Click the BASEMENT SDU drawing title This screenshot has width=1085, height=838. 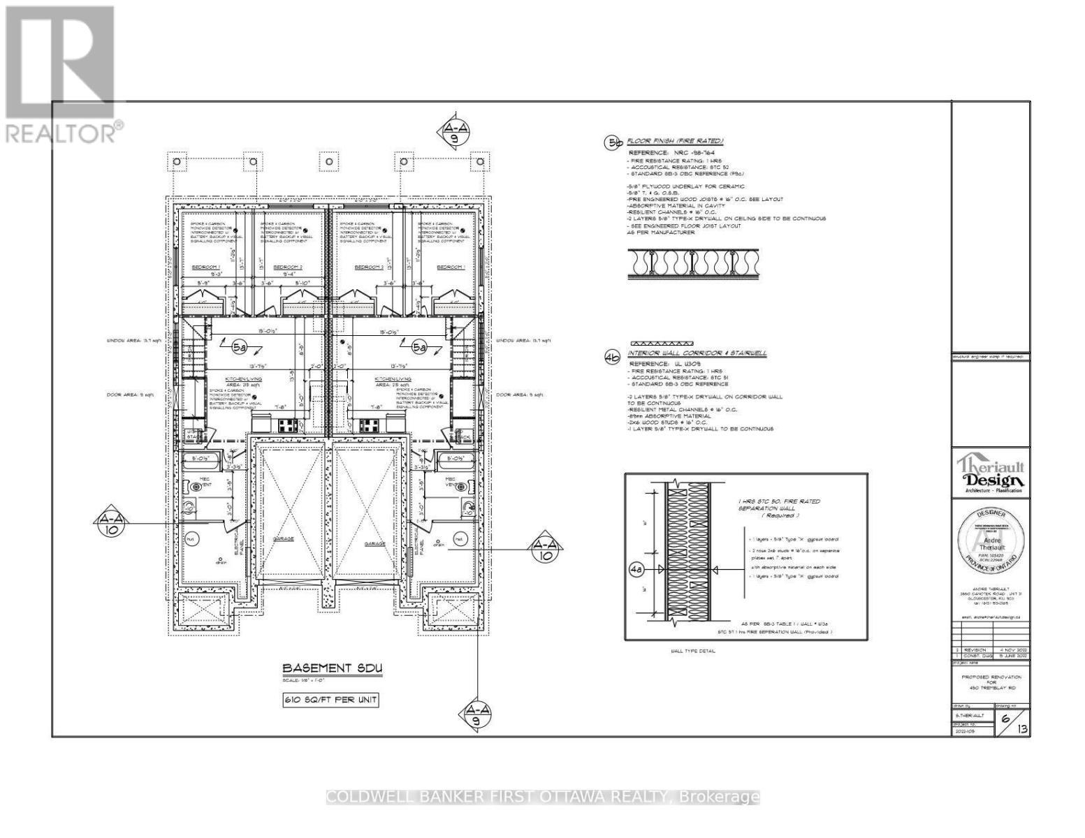click(x=332, y=668)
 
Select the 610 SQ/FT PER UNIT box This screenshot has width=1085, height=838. click(x=330, y=700)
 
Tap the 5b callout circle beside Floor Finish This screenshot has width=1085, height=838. click(x=613, y=143)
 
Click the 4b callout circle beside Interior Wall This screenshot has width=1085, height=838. click(x=613, y=356)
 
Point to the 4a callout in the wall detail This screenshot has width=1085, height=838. click(x=635, y=571)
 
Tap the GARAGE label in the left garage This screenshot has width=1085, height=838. click(x=283, y=539)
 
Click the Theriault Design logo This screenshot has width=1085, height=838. click(x=991, y=475)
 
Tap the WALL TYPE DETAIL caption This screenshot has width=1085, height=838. click(x=692, y=651)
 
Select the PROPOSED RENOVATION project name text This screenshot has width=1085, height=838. click(x=991, y=677)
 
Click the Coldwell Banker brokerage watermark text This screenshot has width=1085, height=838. click(x=543, y=797)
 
